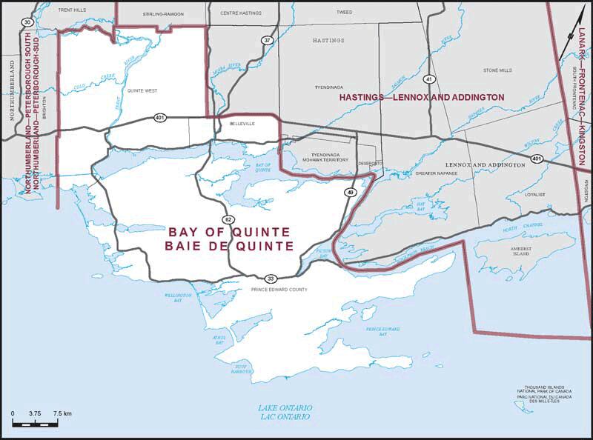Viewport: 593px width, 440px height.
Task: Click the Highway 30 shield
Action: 27,23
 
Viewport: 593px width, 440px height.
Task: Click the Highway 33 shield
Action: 271,279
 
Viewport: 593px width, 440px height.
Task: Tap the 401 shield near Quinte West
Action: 160,118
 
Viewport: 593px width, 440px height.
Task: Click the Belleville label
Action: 242,124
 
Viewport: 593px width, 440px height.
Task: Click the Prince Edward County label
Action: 278,290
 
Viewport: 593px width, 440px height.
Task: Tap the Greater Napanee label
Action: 437,173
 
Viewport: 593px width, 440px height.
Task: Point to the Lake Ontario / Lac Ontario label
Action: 285,413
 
